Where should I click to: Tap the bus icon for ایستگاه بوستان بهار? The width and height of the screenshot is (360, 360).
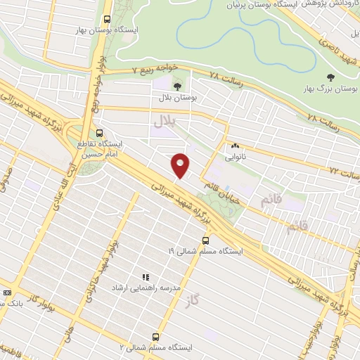click(x=107, y=20)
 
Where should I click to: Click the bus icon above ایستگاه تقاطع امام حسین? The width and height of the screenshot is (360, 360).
click(x=99, y=132)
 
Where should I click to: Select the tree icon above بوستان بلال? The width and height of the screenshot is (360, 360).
click(x=176, y=86)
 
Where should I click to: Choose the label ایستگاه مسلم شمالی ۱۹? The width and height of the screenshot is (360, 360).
click(x=205, y=250)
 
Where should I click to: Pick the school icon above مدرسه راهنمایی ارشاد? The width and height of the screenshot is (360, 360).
click(x=146, y=278)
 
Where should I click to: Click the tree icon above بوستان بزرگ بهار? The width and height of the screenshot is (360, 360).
click(x=330, y=77)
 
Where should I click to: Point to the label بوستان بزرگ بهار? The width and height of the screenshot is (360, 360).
click(x=330, y=90)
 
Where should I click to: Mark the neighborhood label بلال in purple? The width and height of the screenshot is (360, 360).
click(x=164, y=122)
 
